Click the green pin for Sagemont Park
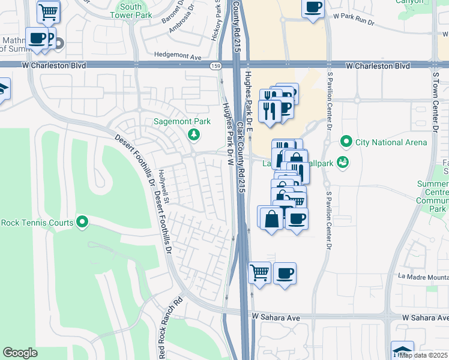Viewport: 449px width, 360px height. (x=194, y=134)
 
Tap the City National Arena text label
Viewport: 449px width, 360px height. (x=391, y=142)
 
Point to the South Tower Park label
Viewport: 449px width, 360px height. (x=130, y=11)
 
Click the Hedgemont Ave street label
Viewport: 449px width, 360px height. (x=178, y=55)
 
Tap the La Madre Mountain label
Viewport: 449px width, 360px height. (x=423, y=277)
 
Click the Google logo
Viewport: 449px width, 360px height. (x=20, y=353)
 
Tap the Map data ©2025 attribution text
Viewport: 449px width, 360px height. (x=424, y=355)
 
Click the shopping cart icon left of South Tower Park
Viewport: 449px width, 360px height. (x=48, y=11)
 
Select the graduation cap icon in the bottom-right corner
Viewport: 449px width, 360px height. (x=402, y=350)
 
